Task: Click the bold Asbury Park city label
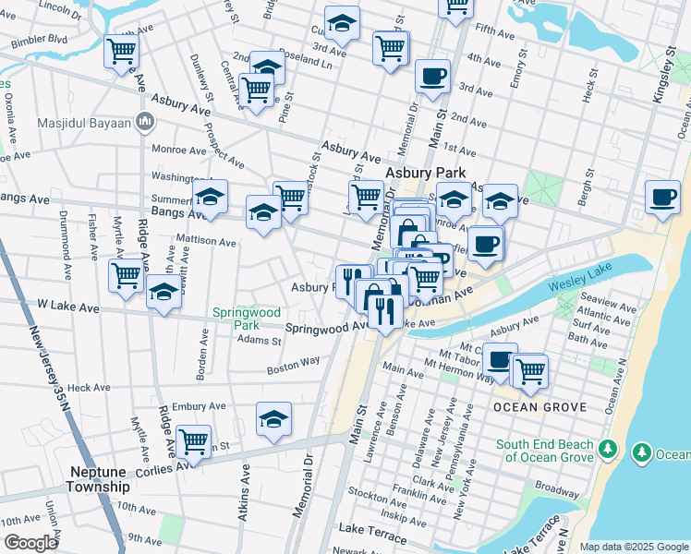[x=425, y=173]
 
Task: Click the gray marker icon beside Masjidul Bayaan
[x=144, y=122]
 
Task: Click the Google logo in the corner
[x=30, y=542]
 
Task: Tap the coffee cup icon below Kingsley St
[x=662, y=197]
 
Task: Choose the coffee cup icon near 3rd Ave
[x=431, y=77]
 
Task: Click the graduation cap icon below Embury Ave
[x=273, y=419]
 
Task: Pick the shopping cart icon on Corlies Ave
[x=193, y=441]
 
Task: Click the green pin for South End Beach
[x=607, y=450]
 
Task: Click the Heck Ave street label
[x=89, y=389]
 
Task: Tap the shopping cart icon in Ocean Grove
[x=529, y=371]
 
